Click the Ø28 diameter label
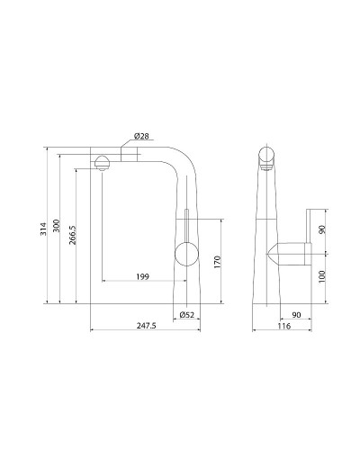(141, 136)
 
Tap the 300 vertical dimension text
(58, 227)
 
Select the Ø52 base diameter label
(187, 314)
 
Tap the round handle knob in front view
(184, 253)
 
